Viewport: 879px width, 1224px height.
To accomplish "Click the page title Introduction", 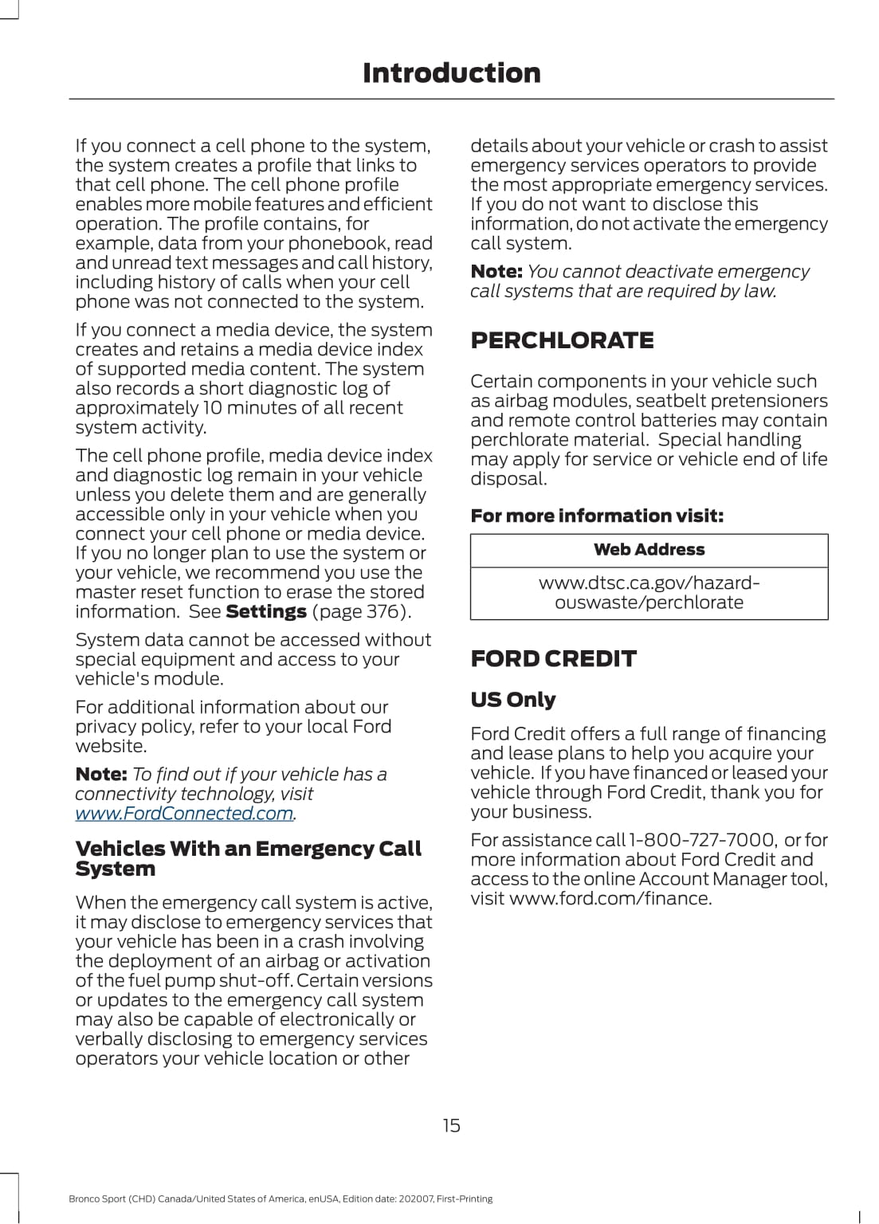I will (451, 73).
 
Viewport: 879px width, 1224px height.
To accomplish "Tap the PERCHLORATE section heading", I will (562, 340).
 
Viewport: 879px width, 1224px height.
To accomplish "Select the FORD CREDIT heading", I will (553, 658).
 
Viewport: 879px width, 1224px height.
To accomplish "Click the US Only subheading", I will (512, 700).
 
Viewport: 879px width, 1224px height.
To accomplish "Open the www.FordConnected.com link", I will (184, 814).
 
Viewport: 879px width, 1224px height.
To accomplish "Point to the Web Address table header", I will (649, 550).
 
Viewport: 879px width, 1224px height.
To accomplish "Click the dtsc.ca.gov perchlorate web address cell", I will (649, 593).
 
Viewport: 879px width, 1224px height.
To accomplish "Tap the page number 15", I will (451, 1125).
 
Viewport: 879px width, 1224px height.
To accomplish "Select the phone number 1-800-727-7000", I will (702, 840).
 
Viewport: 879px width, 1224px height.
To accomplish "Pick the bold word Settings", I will (266, 612).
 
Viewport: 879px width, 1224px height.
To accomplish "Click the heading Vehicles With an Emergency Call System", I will (248, 859).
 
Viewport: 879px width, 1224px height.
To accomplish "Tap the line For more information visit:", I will (597, 516).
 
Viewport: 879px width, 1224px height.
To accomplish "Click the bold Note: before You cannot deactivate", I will (496, 272).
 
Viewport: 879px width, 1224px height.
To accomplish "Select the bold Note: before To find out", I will (100, 775).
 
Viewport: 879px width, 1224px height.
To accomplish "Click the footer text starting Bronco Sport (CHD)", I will (281, 1198).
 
